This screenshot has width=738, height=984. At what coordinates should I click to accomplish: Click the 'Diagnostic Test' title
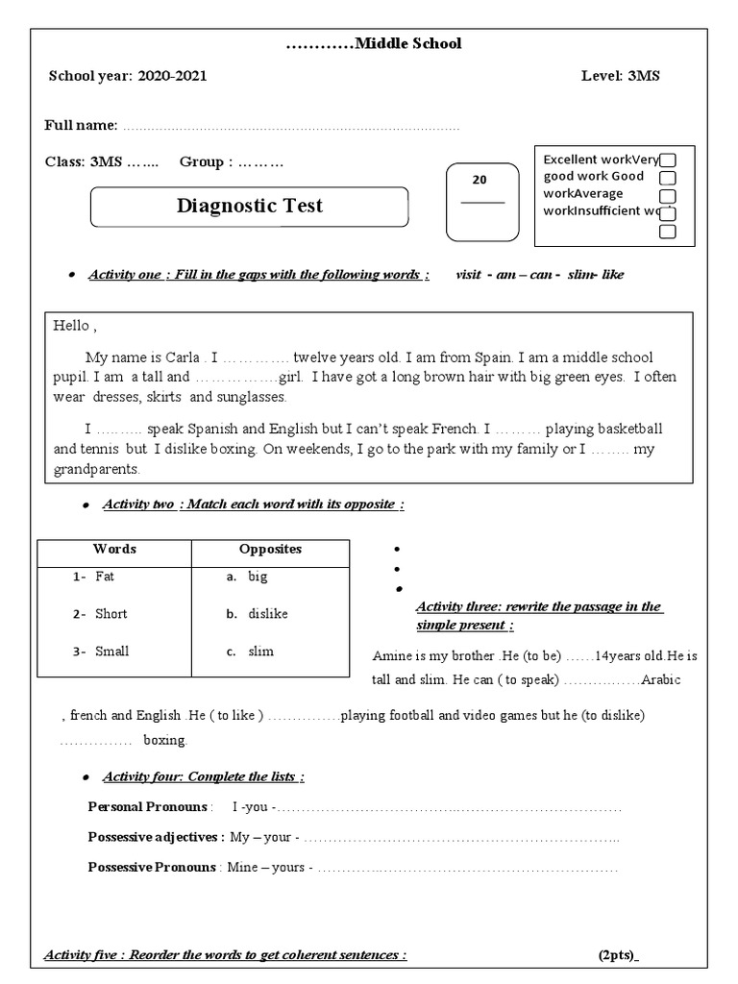(x=250, y=206)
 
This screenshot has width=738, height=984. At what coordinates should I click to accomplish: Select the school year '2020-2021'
(x=172, y=76)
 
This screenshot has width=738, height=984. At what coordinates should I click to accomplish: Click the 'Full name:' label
(x=82, y=126)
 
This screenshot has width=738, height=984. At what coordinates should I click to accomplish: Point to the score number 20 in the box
(x=480, y=180)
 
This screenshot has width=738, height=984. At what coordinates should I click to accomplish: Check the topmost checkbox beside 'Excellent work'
(x=668, y=160)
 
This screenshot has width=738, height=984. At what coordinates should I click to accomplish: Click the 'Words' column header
(x=114, y=550)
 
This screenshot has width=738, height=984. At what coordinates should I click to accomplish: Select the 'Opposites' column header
(x=270, y=550)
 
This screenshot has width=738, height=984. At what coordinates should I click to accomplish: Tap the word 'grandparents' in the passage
(x=97, y=470)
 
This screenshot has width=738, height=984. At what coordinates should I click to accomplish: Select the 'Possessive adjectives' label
(x=156, y=837)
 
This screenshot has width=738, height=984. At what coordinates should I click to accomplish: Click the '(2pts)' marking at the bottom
(x=617, y=955)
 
